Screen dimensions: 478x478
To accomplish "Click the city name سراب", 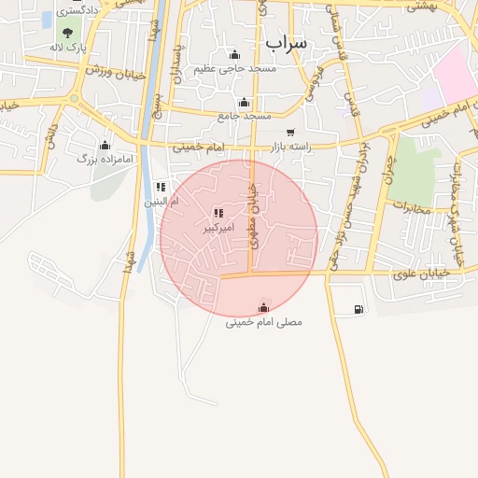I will point(286,42).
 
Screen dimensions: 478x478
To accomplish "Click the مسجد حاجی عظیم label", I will point(235,69).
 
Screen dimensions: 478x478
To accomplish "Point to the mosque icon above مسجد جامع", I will point(245,103).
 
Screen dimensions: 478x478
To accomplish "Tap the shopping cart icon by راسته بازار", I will point(291,133).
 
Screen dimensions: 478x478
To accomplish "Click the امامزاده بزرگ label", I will point(106,160).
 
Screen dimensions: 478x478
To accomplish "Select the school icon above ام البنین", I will point(161,187).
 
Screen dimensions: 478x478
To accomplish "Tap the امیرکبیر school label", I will point(218,227).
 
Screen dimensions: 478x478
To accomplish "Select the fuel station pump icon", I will point(359,309).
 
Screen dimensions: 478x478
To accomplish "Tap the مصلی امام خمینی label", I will point(264,322).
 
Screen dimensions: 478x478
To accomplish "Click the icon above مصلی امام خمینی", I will point(264,307).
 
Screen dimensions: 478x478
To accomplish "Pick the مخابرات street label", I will point(412,206).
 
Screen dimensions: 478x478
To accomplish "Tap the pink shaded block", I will point(454,75).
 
